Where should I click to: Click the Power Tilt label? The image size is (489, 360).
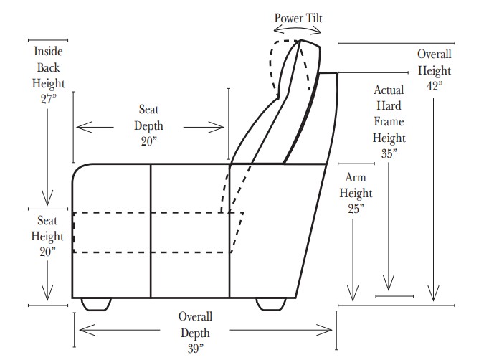pyautogui.click(x=298, y=17)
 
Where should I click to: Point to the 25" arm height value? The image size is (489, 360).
pyautogui.click(x=356, y=209)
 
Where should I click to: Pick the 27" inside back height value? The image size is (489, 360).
pyautogui.click(x=48, y=99)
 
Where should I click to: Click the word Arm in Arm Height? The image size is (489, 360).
pyautogui.click(x=356, y=178)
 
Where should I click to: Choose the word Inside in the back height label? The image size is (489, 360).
pyautogui.click(x=48, y=52)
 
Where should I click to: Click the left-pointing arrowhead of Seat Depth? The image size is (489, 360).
pyautogui.click(x=80, y=128)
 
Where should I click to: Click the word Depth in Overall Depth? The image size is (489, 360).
pyautogui.click(x=195, y=333)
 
